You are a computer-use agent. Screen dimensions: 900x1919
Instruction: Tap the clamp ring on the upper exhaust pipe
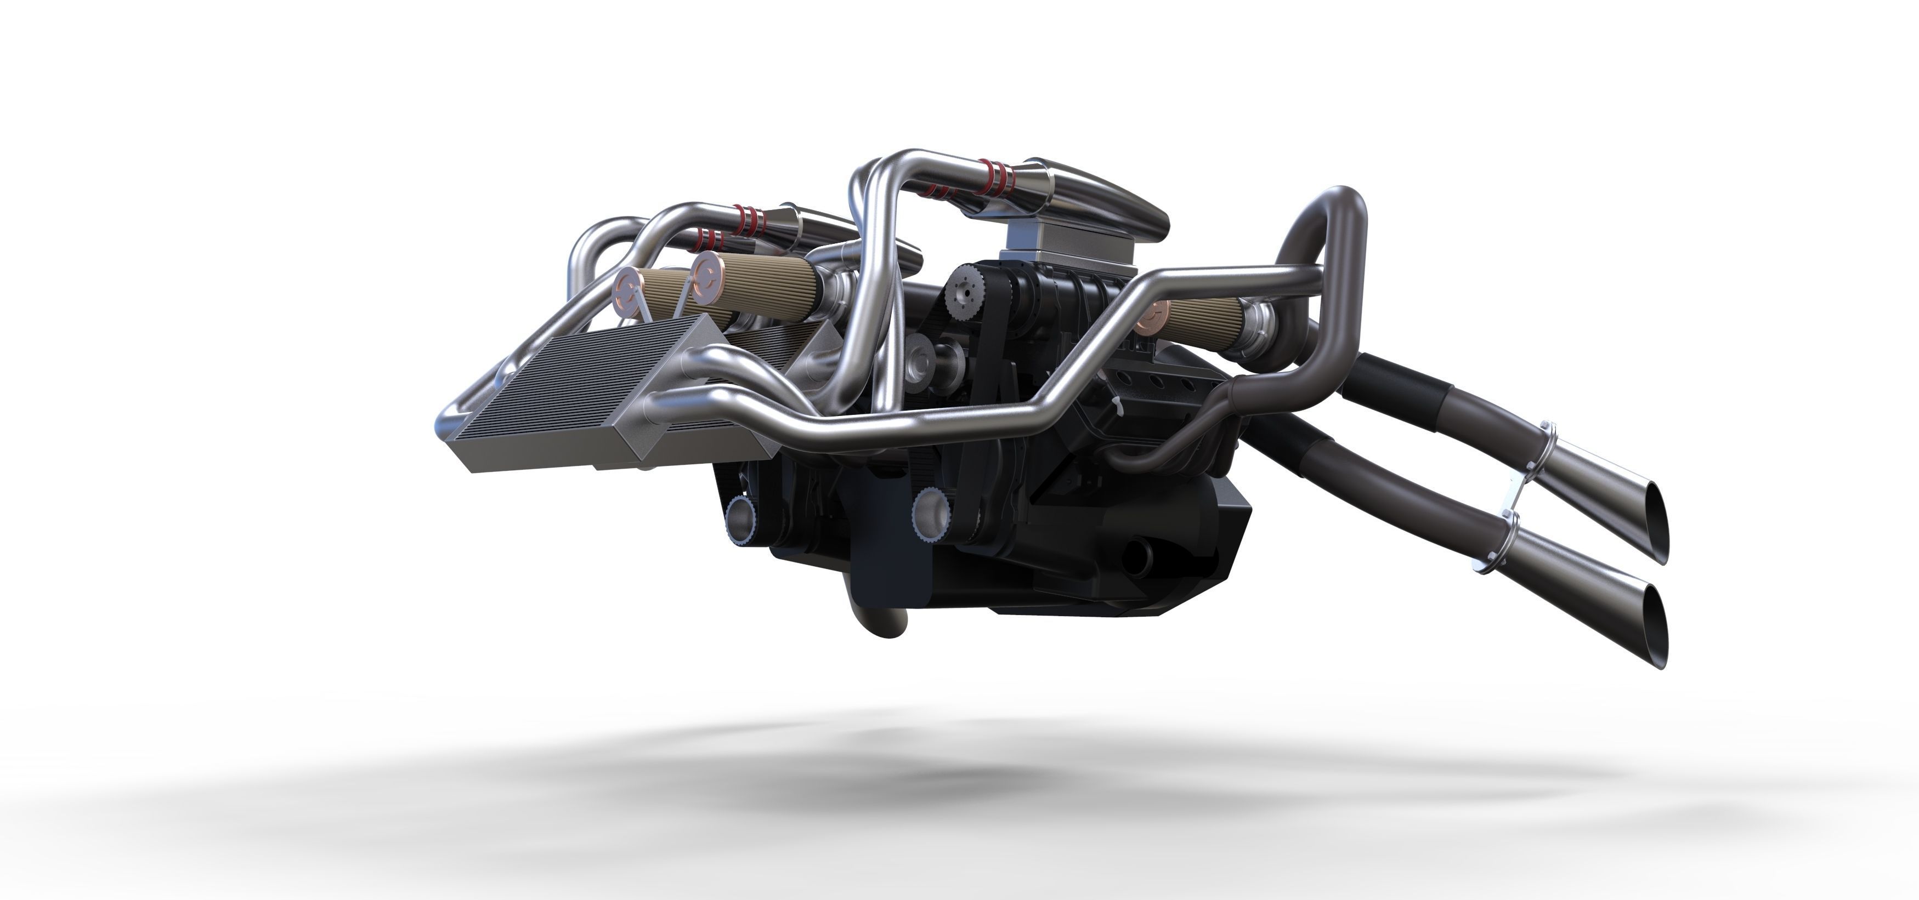pyautogui.click(x=1547, y=447)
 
